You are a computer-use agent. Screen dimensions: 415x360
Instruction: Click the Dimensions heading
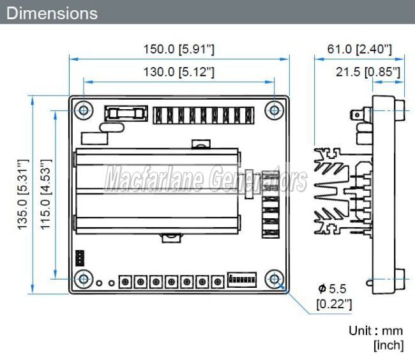pyautogui.click(x=52, y=13)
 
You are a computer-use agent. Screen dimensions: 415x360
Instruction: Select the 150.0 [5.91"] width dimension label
pyautogui.click(x=179, y=49)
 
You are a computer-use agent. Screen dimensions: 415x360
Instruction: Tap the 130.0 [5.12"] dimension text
pyautogui.click(x=179, y=71)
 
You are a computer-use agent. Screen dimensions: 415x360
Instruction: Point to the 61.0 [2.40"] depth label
pyautogui.click(x=359, y=49)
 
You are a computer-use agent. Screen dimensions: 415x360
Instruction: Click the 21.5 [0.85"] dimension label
pyautogui.click(x=368, y=72)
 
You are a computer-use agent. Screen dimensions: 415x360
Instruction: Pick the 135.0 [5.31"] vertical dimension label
pyautogui.click(x=23, y=195)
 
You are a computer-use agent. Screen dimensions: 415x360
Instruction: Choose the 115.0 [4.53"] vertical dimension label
pyautogui.click(x=46, y=195)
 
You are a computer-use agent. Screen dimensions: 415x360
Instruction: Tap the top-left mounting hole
pyautogui.click(x=84, y=110)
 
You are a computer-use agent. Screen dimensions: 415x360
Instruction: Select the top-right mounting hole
pyautogui.click(x=274, y=110)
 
